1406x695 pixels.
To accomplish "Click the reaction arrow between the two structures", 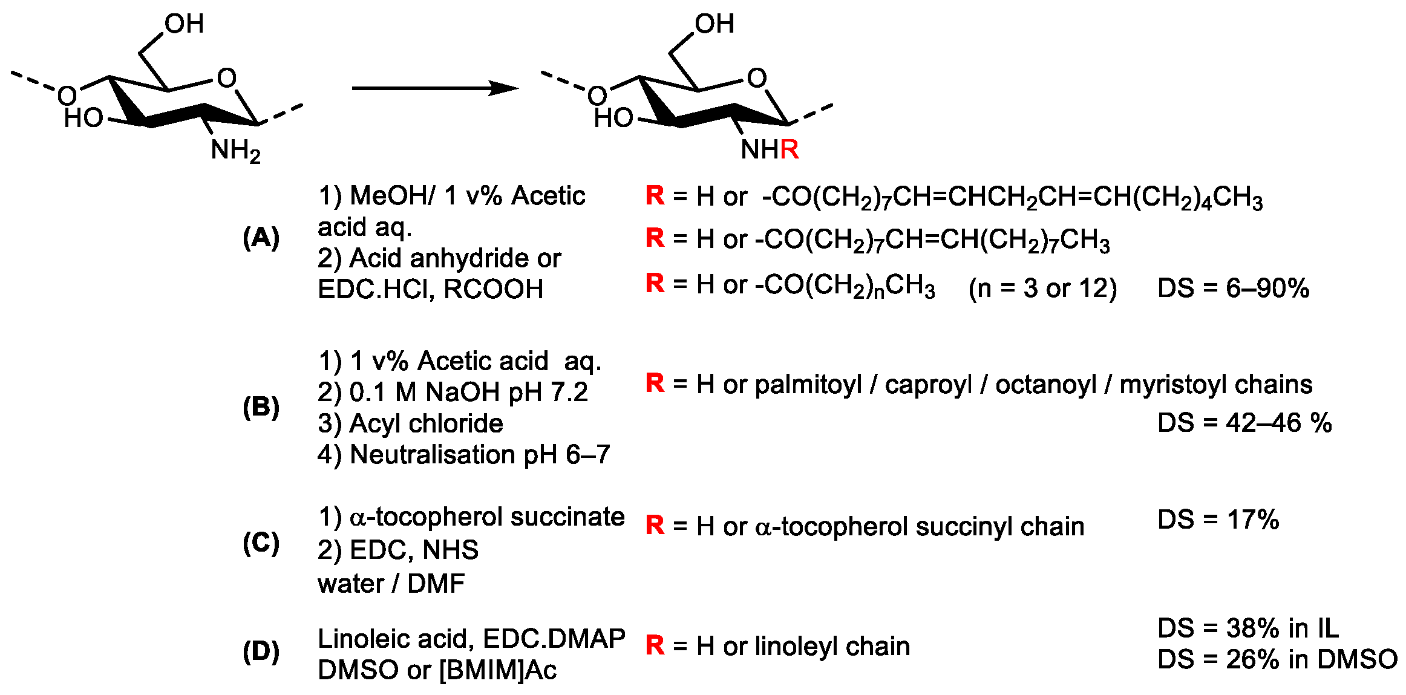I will click(434, 88).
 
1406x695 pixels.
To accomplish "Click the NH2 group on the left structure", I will click(235, 150).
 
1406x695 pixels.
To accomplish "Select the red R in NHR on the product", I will click(790, 149).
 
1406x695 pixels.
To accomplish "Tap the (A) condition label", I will click(261, 238).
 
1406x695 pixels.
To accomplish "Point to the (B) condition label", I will click(261, 407).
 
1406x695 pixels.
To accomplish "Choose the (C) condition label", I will click(261, 543).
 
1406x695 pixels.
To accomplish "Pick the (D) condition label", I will click(261, 653).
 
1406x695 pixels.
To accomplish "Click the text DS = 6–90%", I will click(1233, 289).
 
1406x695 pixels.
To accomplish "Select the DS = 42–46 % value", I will click(1244, 423).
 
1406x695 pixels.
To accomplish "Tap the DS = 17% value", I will click(1218, 520).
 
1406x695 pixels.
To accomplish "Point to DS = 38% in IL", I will click(1247, 628).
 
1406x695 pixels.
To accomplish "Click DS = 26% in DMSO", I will click(1277, 659).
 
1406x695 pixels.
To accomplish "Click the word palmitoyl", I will click(808, 385).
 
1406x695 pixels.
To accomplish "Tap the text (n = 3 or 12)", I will click(1042, 289).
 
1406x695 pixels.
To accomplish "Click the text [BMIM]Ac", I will click(497, 670).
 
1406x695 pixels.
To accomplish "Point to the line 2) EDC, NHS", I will click(398, 550).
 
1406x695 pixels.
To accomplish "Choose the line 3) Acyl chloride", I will click(410, 423).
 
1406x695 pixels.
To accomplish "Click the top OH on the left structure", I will click(184, 24).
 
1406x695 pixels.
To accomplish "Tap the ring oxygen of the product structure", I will click(757, 78).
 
